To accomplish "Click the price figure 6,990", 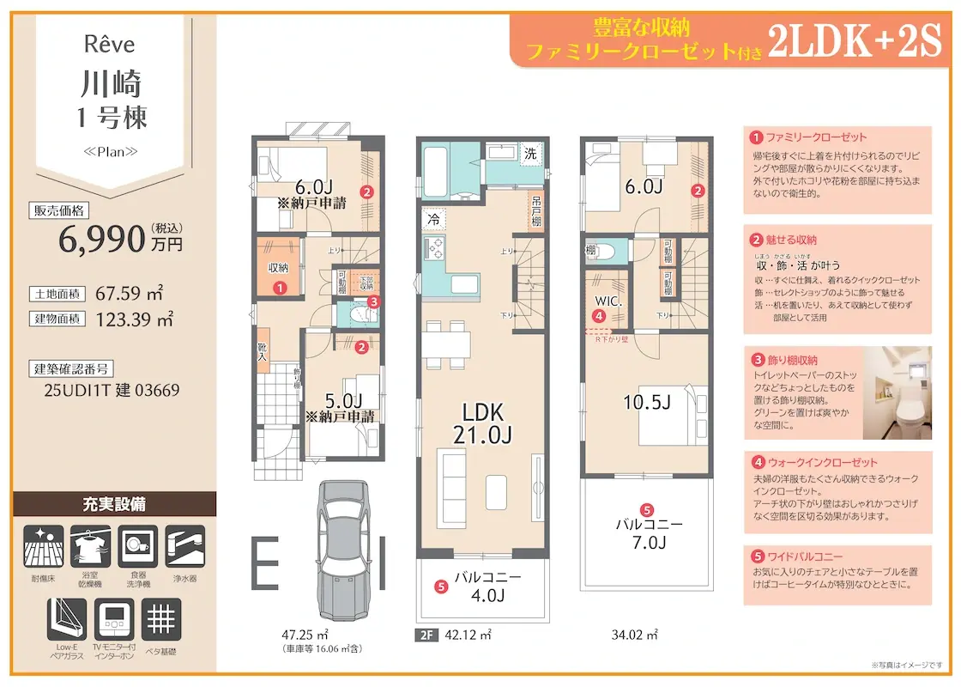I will [101, 240].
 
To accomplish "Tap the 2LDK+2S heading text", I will [855, 40].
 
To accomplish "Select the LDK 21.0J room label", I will [483, 423].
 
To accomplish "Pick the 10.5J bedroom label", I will [648, 401].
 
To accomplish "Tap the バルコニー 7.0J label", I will [648, 532].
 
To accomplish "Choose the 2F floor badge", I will [426, 635].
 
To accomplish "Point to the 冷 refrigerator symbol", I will [433, 220].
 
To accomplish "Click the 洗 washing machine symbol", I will [530, 154].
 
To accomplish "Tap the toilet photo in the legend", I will [897, 386].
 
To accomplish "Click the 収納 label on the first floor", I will [278, 268].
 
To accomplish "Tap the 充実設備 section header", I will [114, 504].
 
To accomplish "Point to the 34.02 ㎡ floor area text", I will [634, 636].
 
